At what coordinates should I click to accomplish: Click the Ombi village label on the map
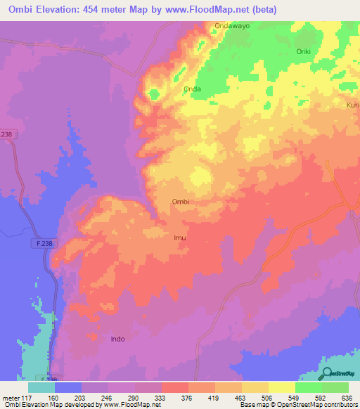coord(181,202)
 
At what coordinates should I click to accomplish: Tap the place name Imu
coord(179,238)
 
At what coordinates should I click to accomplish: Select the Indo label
coord(117,339)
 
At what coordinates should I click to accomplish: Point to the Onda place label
coord(192,89)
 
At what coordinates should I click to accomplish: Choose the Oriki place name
coord(303,51)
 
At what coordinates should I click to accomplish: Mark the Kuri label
coord(352,105)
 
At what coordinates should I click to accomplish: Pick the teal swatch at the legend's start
coord(41,387)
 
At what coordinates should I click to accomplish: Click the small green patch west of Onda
coord(153,93)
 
